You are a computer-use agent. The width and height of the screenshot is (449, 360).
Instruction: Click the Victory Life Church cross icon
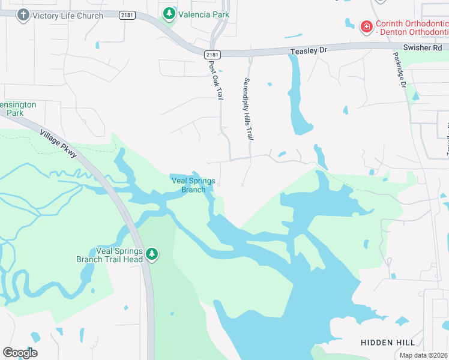pos(23,15)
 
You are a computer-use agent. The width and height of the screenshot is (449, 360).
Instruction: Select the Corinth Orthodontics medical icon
pos(366,26)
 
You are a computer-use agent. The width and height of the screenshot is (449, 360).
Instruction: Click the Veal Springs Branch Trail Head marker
pos(152,254)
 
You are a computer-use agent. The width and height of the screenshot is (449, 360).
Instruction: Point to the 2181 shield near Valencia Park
pos(127,15)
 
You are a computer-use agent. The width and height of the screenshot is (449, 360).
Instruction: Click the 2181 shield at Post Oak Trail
pos(215,55)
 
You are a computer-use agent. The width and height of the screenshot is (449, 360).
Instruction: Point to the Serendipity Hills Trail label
pos(247,109)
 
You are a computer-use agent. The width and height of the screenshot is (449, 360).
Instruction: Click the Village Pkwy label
pos(58,144)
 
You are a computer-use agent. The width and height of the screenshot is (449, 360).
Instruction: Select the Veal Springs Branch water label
pos(193,185)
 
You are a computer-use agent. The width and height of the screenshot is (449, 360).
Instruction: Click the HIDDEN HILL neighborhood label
pos(388,342)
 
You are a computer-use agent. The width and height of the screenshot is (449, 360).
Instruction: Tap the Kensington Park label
pos(18,108)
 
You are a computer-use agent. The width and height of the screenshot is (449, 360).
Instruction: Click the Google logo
pos(20,353)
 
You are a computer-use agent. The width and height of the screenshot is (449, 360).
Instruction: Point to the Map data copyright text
pos(423,355)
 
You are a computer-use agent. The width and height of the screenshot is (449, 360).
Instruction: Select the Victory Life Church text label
pos(68,15)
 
